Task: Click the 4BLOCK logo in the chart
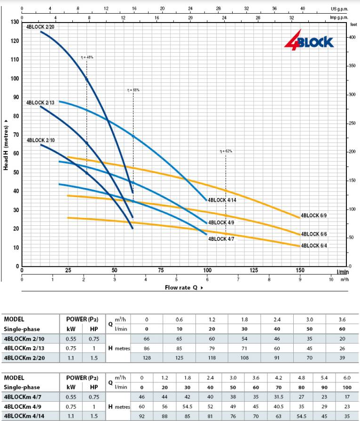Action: click(x=309, y=41)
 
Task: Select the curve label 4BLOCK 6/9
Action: click(x=313, y=215)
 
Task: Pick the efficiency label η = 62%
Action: click(x=226, y=151)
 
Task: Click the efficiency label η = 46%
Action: click(x=87, y=57)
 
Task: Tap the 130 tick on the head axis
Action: click(x=15, y=22)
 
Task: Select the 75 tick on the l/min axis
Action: click(x=161, y=270)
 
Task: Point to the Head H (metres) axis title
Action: click(x=7, y=144)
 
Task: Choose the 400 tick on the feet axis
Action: click(x=352, y=37)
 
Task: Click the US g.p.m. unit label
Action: click(x=338, y=9)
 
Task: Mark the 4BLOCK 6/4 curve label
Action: click(x=313, y=246)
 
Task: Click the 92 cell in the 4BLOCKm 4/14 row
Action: click(x=141, y=416)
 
